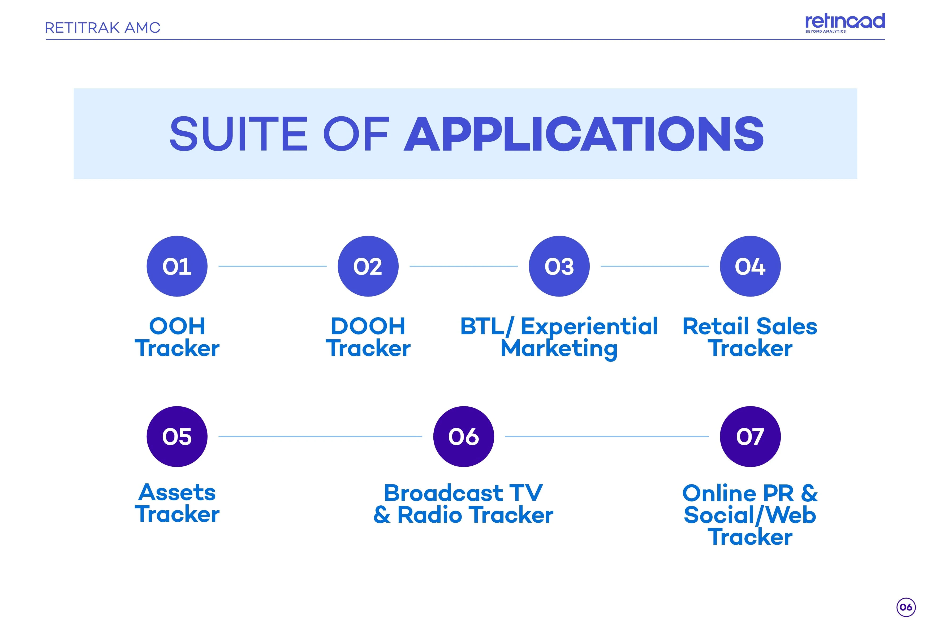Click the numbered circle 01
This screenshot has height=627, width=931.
[x=177, y=266]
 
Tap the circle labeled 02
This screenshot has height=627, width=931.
[x=368, y=266]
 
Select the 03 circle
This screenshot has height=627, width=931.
[x=559, y=266]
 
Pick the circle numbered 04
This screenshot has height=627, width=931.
[x=750, y=266]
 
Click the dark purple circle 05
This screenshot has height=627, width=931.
[x=177, y=437]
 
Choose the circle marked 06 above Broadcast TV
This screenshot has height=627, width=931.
[x=463, y=437]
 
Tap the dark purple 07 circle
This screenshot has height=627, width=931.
[x=750, y=437]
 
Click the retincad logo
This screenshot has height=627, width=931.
[x=845, y=23]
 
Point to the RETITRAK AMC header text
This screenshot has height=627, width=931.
[x=103, y=28]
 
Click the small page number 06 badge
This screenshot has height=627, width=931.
[x=906, y=607]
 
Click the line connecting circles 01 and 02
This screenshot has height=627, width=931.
[x=273, y=266]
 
